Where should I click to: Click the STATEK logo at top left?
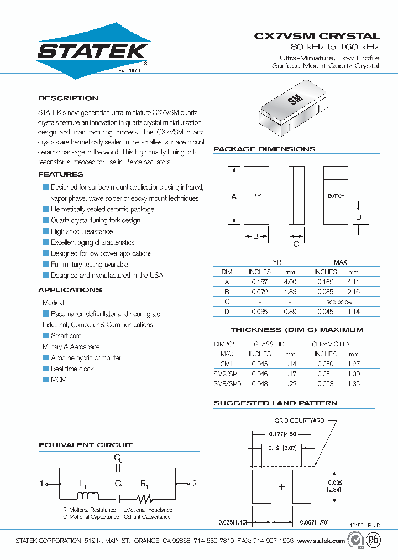(93, 51)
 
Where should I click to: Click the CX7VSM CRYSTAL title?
(317, 36)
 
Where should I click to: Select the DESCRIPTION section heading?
(68, 98)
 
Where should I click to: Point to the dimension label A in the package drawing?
(234, 196)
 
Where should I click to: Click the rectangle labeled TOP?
(256, 196)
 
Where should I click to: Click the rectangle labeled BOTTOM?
(336, 196)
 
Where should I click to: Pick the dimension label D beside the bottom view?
(358, 217)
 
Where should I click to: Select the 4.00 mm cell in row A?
(290, 282)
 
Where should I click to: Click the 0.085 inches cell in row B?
(325, 292)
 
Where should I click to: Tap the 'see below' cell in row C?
(339, 302)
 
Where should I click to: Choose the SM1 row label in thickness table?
(227, 364)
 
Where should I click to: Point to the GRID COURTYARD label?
(299, 421)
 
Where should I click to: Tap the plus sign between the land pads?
(282, 487)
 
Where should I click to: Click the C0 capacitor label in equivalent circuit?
(118, 458)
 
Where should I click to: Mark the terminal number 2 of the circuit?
(194, 484)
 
